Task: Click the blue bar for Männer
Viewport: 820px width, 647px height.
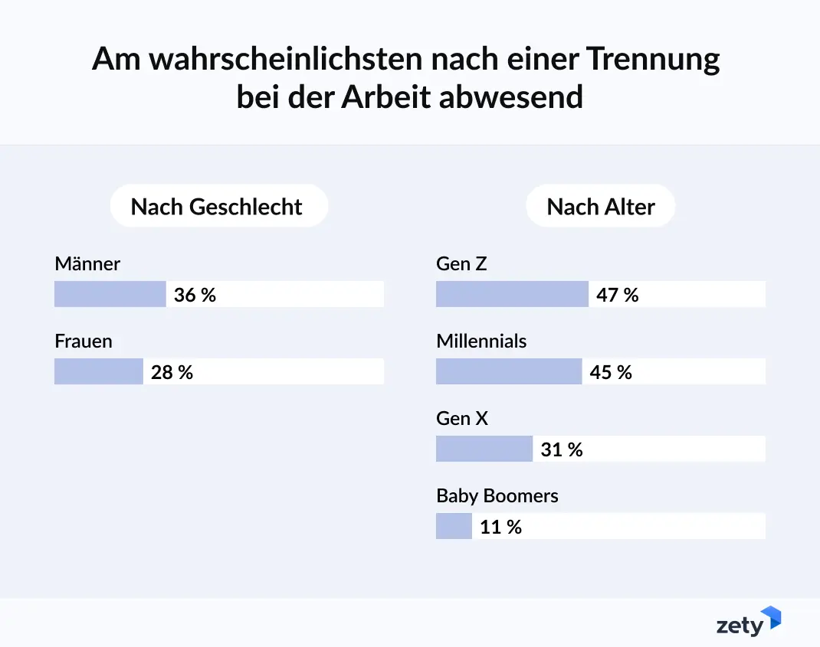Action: [x=110, y=294]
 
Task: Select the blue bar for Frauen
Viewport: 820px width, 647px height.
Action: [x=98, y=371]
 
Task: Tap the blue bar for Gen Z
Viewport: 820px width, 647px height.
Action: [x=511, y=294]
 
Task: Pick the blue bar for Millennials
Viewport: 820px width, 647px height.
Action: [x=508, y=371]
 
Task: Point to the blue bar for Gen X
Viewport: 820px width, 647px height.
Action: [x=484, y=449]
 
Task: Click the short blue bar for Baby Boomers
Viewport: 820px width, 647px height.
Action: [x=454, y=526]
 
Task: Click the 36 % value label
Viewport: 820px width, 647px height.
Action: [x=195, y=295]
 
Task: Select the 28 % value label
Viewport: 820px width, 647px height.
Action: [x=172, y=372]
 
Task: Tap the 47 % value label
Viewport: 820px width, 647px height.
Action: [x=617, y=295]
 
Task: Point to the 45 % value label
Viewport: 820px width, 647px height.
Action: [x=611, y=372]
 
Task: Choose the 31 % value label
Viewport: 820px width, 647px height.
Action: [x=561, y=449]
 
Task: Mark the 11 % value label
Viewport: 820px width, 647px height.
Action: [x=500, y=527]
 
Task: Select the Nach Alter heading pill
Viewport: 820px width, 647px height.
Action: [x=601, y=207]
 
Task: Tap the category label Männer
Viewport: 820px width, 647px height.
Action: [x=87, y=264]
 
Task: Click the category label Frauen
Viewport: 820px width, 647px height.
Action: [x=83, y=341]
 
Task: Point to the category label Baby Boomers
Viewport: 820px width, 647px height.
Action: [x=497, y=496]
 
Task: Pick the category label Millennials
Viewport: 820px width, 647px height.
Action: [x=481, y=341]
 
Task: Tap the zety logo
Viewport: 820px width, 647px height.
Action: [x=748, y=622]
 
